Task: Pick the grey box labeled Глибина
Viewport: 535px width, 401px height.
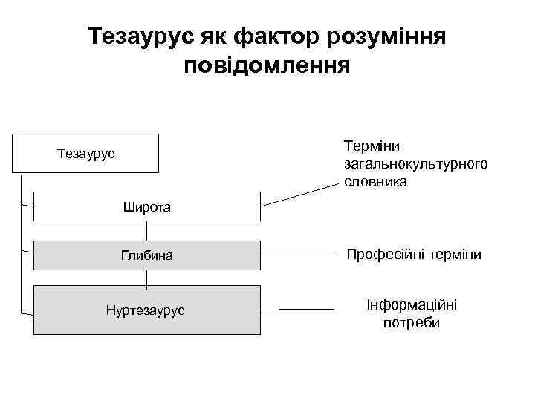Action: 147,255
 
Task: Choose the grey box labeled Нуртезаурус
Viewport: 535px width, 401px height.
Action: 147,309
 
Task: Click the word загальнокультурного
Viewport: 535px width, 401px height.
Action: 416,163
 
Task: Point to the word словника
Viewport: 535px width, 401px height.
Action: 375,180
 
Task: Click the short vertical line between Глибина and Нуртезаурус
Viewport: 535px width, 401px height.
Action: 146,278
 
